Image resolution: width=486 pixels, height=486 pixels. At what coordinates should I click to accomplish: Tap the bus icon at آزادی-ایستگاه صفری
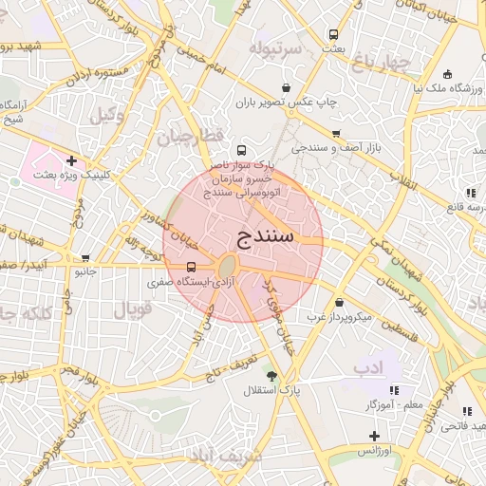click(192, 267)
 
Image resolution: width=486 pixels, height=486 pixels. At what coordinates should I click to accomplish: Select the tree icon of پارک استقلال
click(272, 376)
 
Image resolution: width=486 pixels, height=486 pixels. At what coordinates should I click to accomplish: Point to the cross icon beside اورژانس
click(374, 436)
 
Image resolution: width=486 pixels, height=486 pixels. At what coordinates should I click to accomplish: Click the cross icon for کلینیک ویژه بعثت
click(71, 160)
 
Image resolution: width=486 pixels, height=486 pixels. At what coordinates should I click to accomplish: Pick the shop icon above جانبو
click(86, 257)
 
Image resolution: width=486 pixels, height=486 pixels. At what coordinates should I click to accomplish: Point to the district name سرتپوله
click(275, 47)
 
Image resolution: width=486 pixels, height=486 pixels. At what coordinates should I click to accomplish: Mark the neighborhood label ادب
click(364, 366)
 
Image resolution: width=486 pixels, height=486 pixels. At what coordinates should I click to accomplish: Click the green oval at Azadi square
click(228, 267)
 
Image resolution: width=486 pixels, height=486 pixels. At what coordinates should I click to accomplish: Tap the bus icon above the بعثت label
click(332, 33)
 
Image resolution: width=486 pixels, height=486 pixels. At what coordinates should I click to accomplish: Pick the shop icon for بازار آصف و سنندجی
click(336, 134)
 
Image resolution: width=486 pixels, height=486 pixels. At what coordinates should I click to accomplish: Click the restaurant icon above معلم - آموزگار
click(394, 390)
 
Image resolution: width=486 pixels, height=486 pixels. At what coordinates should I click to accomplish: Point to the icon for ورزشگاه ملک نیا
click(447, 75)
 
